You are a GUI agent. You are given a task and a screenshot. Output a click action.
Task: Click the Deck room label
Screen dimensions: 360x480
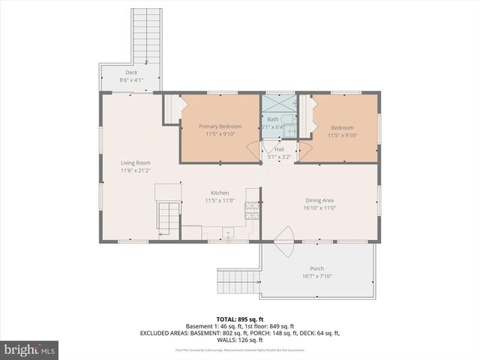click(x=131, y=73)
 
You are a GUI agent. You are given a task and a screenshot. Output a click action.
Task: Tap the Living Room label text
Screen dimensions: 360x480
click(x=136, y=163)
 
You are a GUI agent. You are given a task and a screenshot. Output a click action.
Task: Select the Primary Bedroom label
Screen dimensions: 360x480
click(x=220, y=127)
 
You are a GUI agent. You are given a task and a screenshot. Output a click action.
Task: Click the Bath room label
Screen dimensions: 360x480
click(x=272, y=119)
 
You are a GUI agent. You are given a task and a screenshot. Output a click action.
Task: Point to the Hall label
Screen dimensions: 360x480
click(x=279, y=149)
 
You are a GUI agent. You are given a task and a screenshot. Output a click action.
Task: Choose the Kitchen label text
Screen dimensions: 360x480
click(x=220, y=193)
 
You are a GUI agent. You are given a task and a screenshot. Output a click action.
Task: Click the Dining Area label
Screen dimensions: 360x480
click(x=319, y=200)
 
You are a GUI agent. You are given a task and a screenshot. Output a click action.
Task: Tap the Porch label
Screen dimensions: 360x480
click(x=317, y=268)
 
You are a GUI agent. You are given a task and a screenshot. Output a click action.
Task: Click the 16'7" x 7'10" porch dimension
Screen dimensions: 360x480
click(x=317, y=276)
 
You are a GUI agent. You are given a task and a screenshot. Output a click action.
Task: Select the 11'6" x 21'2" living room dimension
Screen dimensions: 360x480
click(x=136, y=170)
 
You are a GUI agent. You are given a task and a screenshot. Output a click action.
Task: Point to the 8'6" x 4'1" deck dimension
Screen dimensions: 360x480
click(x=131, y=80)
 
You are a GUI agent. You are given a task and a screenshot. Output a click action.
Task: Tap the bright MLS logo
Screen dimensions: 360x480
click(x=30, y=349)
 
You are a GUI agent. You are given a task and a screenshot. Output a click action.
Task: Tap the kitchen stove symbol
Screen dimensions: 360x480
click(x=251, y=211)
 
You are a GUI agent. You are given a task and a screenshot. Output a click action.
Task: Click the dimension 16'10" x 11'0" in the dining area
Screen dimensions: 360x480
click(x=319, y=208)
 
